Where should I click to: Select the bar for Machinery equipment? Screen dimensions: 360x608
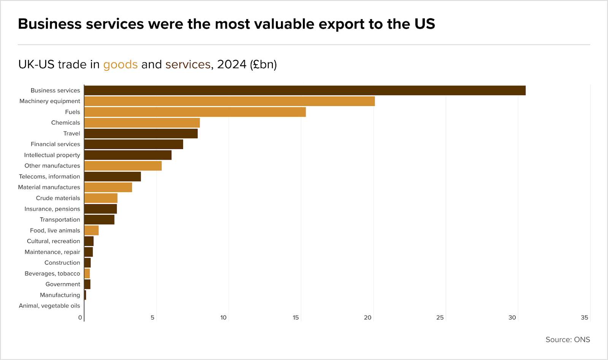[230, 101]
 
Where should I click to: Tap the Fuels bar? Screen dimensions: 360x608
[195, 112]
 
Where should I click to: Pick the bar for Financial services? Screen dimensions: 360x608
[134, 144]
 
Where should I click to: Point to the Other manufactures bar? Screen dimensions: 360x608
[123, 166]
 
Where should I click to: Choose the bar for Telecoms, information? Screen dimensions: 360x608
[112, 177]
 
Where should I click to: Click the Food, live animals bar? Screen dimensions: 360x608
[92, 230]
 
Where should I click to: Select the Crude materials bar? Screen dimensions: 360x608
[101, 198]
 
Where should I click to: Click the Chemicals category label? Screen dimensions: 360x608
[66, 123]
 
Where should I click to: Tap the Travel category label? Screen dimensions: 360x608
[72, 133]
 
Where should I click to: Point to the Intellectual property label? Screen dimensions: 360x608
[52, 155]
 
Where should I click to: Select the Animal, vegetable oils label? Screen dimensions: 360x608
[49, 306]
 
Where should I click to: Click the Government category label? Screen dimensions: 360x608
[63, 284]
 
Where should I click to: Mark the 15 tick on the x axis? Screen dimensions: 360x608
[296, 317]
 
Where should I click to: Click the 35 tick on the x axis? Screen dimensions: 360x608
[584, 317]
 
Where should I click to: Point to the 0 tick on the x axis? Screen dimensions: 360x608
[80, 317]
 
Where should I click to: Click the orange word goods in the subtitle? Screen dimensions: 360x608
[120, 65]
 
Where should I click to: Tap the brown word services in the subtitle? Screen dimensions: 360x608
[188, 65]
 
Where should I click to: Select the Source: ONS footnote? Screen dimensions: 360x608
[568, 339]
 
